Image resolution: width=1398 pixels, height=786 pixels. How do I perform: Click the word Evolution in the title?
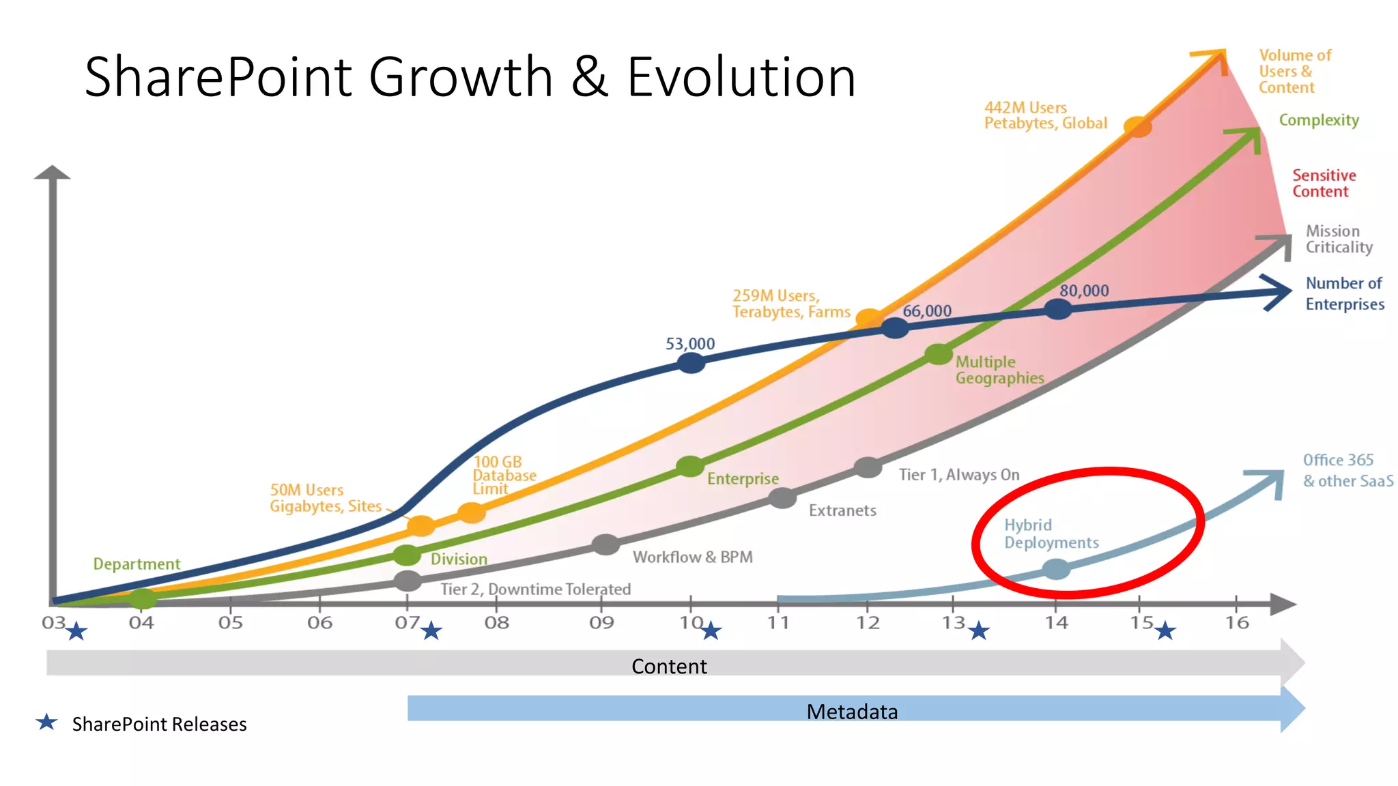(741, 76)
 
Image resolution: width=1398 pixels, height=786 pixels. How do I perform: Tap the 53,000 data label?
(690, 343)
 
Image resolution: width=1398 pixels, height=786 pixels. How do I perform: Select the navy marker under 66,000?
(894, 328)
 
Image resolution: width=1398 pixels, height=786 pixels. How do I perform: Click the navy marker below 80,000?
(1057, 309)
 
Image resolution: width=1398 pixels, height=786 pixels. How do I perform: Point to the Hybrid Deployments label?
(1051, 534)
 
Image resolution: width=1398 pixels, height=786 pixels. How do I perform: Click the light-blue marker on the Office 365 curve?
(1056, 568)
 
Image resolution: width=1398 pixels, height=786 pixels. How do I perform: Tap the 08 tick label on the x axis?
(496, 622)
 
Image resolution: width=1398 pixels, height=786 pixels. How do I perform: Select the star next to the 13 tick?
(979, 630)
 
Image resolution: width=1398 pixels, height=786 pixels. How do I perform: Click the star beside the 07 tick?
(431, 630)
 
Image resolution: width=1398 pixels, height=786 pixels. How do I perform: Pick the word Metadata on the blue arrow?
(852, 712)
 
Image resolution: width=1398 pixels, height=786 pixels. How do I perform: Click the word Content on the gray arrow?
(669, 666)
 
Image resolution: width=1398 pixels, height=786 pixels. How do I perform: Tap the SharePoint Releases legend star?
(46, 722)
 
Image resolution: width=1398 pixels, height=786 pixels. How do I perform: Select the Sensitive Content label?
(1323, 184)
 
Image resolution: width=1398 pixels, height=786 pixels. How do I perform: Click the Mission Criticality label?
(1338, 239)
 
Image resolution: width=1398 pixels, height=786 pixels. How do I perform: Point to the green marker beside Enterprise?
(689, 467)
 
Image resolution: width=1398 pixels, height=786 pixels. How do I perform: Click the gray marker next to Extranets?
(782, 498)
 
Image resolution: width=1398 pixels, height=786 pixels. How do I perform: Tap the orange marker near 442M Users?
(1137, 126)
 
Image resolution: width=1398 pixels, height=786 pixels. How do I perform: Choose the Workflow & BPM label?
(692, 557)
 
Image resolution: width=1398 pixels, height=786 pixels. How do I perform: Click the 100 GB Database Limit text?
(504, 475)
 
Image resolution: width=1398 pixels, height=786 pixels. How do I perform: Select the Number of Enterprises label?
(1344, 293)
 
